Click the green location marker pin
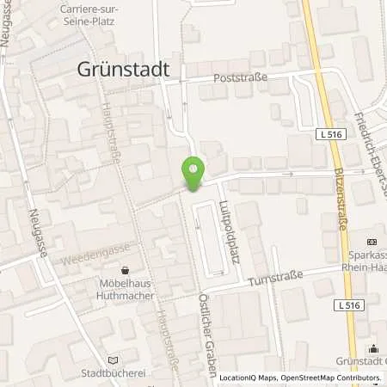tap(193, 172)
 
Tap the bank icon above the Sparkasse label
tap(372, 242)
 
